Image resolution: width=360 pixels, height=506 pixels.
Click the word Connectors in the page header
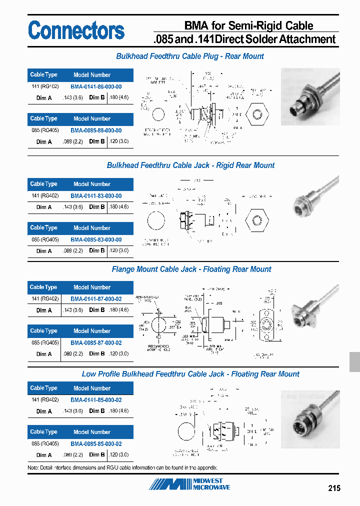click(x=76, y=30)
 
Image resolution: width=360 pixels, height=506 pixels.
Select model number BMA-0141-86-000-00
click(x=96, y=86)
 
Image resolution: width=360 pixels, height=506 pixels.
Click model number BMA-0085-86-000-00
click(x=96, y=130)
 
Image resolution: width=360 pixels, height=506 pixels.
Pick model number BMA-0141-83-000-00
click(x=96, y=196)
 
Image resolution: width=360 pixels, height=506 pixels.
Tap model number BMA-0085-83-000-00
click(x=96, y=239)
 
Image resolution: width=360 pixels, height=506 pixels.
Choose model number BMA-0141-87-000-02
click(x=96, y=299)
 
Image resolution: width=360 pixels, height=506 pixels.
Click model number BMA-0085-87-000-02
click(x=96, y=343)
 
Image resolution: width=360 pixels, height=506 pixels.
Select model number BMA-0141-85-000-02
click(x=96, y=400)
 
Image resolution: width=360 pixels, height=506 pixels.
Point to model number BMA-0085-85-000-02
click(x=96, y=443)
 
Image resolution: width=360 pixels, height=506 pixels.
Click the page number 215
click(x=334, y=487)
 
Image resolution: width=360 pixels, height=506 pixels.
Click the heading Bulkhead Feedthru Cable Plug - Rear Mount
click(x=190, y=56)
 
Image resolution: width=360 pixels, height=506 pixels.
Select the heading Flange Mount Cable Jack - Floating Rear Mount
click(x=191, y=269)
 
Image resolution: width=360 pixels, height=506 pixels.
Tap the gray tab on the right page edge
click(x=354, y=361)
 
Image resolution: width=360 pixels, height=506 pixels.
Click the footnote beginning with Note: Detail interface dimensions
click(x=122, y=467)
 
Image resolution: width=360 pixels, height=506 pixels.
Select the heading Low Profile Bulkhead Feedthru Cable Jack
click(x=190, y=374)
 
